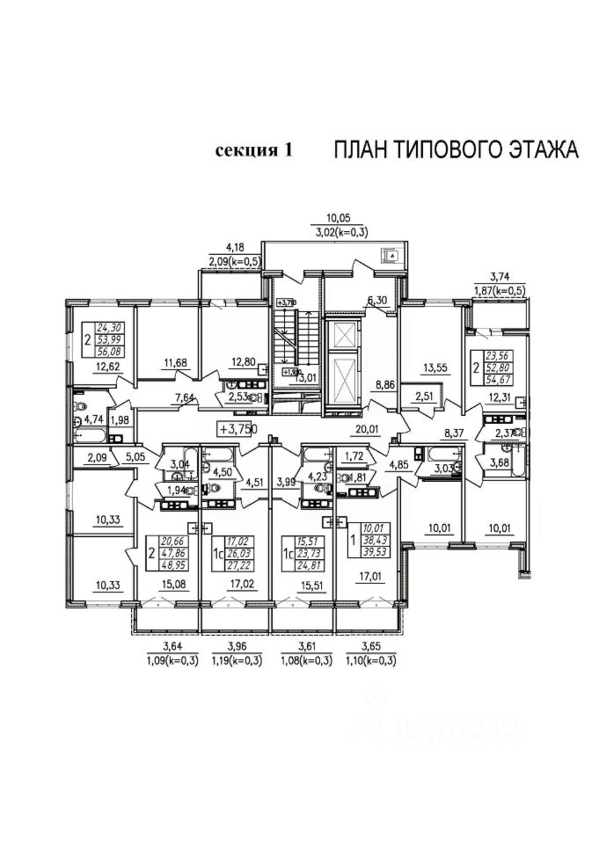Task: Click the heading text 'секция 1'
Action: click(253, 150)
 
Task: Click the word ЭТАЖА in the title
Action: click(538, 150)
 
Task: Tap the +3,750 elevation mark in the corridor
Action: click(242, 429)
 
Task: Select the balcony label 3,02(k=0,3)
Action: click(340, 232)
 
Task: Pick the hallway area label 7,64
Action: click(186, 397)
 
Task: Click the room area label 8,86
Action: click(384, 384)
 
